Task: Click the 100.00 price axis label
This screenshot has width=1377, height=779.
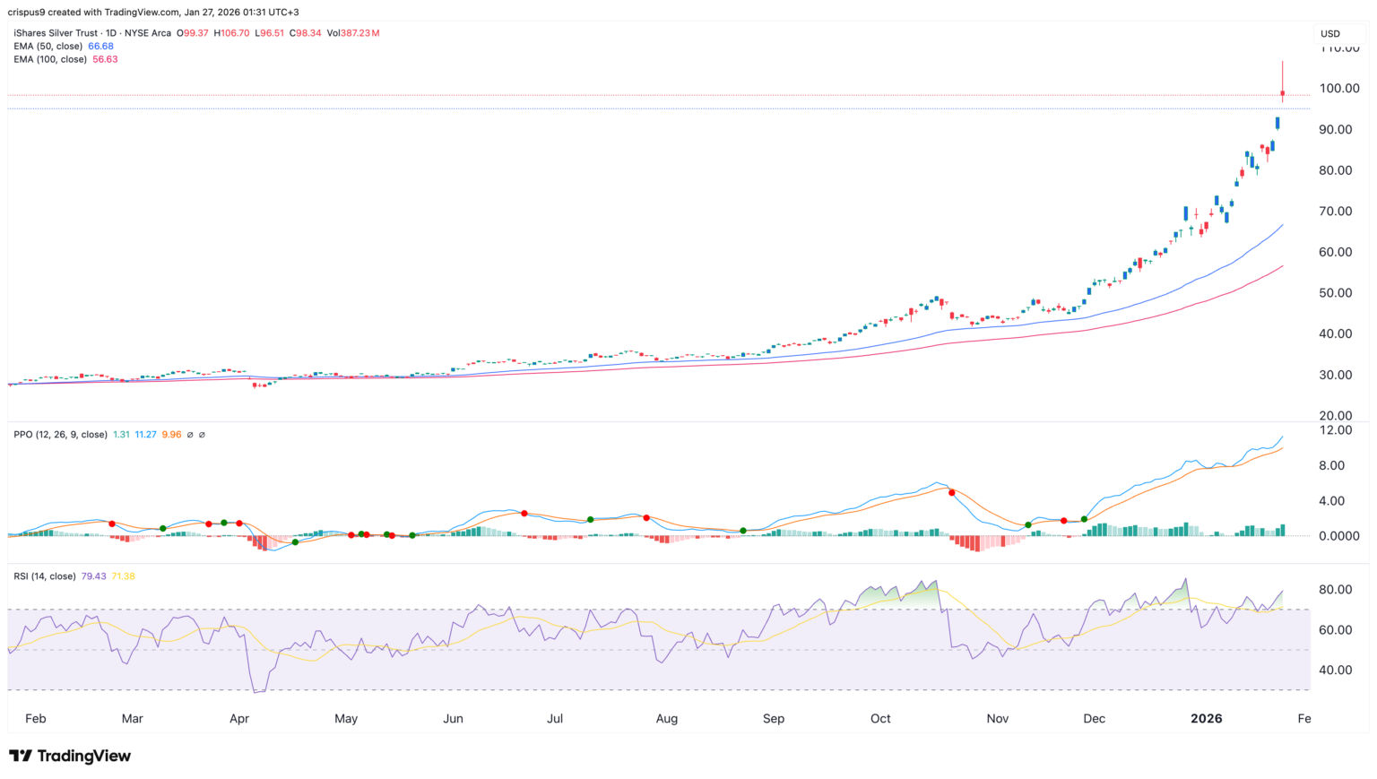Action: (1338, 88)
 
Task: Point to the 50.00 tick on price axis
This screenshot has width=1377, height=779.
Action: (1338, 292)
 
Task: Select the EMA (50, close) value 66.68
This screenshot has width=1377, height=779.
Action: (100, 46)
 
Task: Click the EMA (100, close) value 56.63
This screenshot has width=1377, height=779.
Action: (105, 59)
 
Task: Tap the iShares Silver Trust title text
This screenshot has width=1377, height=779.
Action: (52, 33)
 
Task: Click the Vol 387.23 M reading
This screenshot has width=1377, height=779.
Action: (353, 33)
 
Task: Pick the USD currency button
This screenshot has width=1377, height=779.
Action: (1330, 34)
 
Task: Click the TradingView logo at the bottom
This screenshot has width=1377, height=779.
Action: (70, 756)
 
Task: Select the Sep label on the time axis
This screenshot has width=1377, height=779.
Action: (773, 718)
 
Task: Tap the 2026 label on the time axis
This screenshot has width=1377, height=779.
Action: (1206, 718)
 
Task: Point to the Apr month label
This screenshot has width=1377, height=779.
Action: (238, 718)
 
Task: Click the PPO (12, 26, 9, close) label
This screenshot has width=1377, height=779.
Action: (60, 434)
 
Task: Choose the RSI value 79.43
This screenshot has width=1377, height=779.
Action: (93, 576)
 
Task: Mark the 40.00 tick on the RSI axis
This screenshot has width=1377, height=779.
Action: (1335, 670)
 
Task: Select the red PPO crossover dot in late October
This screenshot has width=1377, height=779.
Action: (951, 492)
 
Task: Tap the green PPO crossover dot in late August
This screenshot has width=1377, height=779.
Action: (743, 531)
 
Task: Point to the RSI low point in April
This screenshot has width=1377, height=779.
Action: (256, 691)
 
